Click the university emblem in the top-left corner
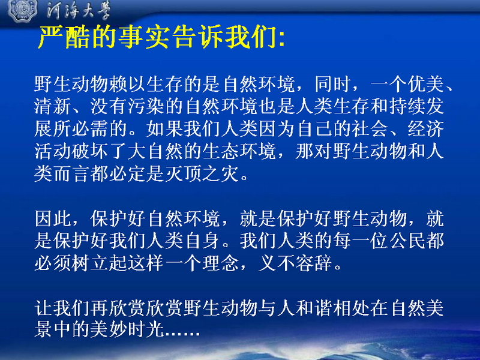[x=22, y=10]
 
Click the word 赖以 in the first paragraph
[x=128, y=83]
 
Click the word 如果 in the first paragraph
[x=164, y=129]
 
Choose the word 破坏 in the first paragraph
[x=91, y=152]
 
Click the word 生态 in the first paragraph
[x=221, y=152]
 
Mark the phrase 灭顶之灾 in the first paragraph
[x=202, y=174]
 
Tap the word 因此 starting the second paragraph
[x=53, y=219]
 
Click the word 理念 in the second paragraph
[x=221, y=263]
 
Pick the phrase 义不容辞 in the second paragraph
[x=295, y=263]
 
